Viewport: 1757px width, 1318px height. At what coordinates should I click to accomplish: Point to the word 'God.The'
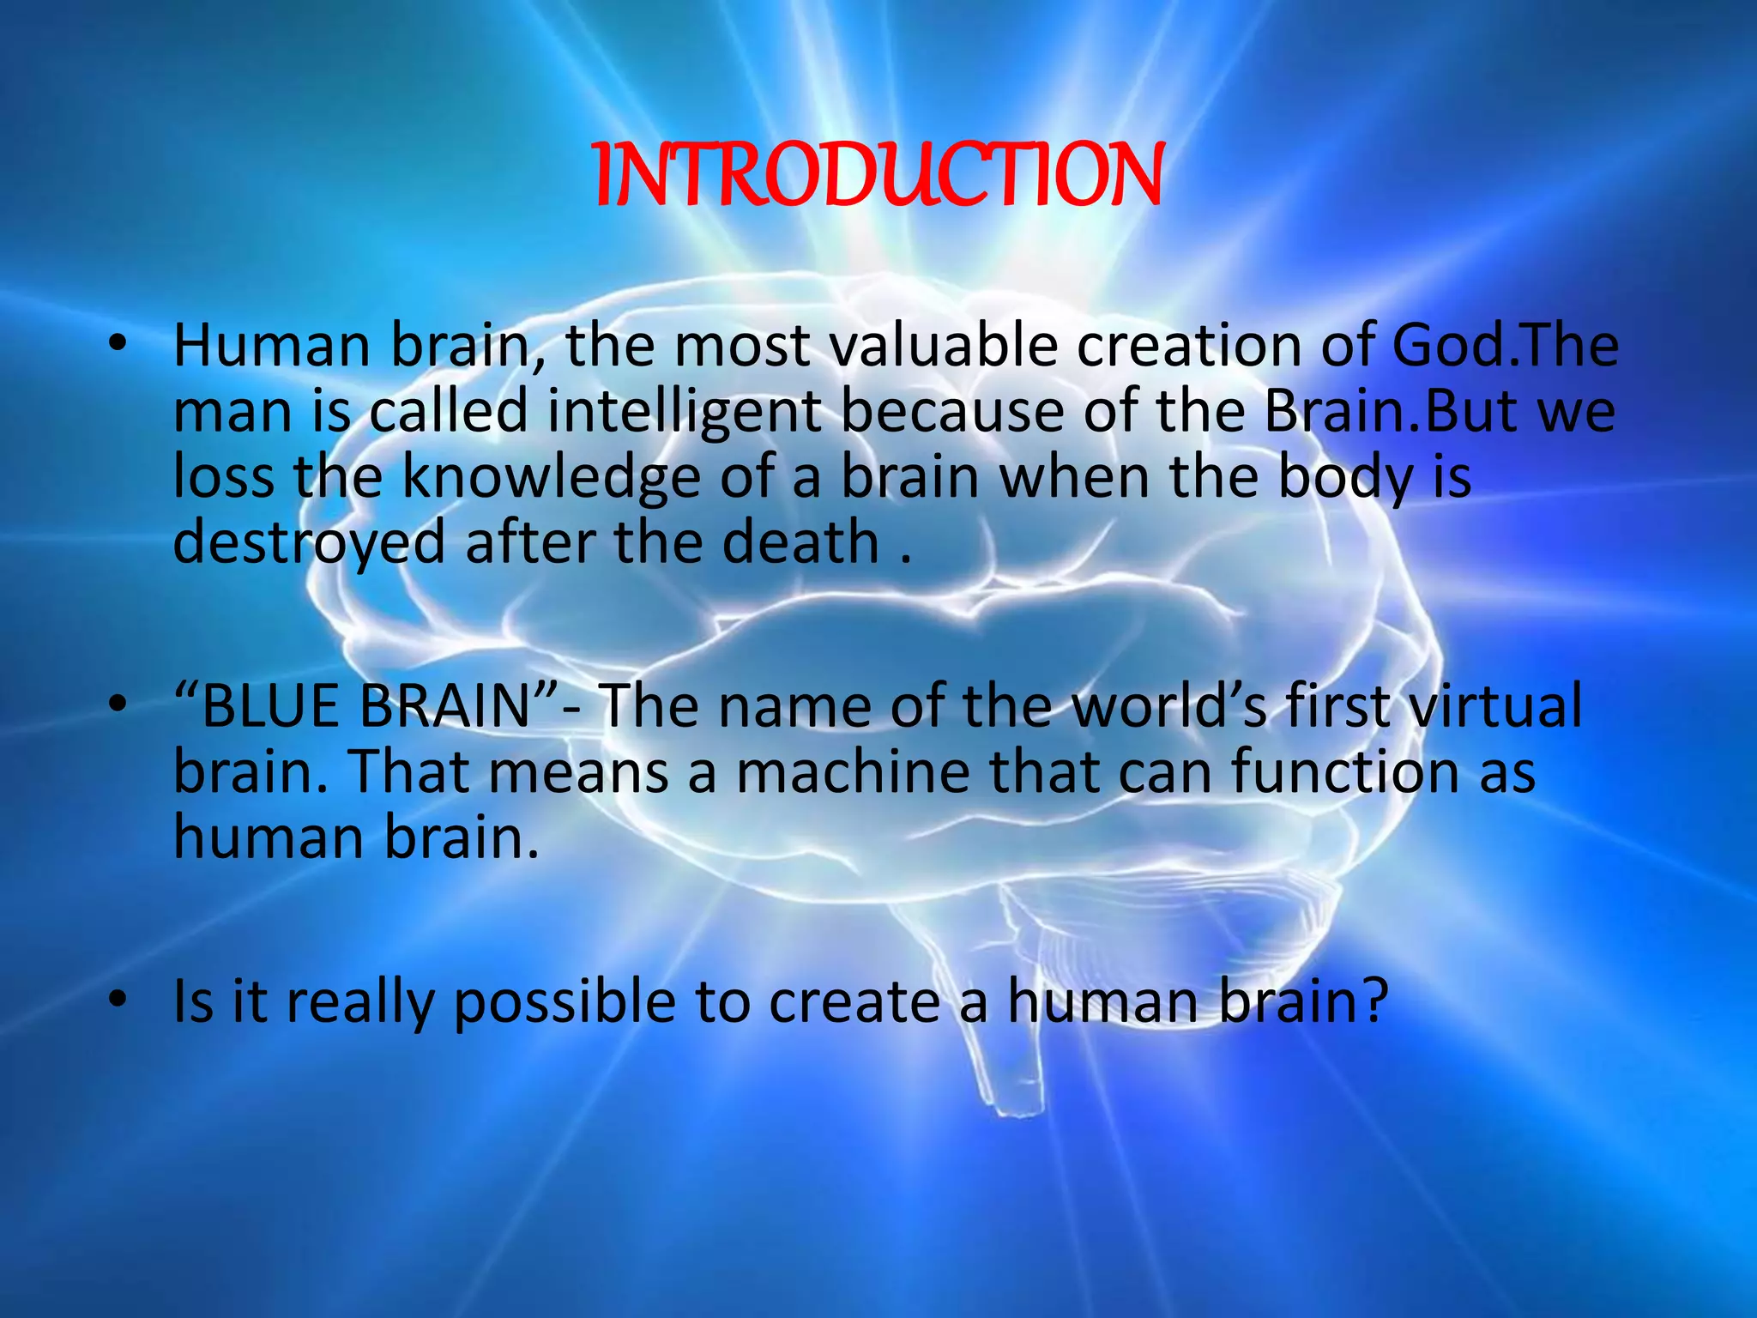click(x=1505, y=345)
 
